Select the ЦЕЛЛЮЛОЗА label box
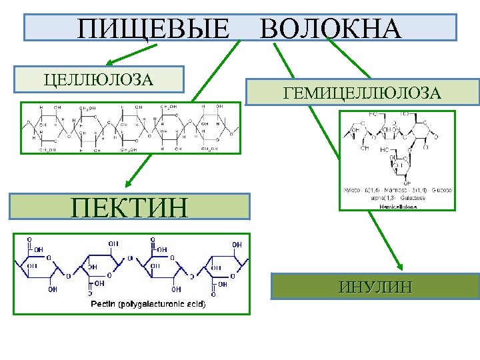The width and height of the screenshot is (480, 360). coord(99,79)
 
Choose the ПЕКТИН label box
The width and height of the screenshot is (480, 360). coord(130,207)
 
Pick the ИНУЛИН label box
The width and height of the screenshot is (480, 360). coord(375,287)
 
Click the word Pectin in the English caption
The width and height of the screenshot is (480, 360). coord(103,305)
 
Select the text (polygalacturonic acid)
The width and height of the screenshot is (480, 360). coord(162,305)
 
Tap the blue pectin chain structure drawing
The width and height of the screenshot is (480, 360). coord(131,267)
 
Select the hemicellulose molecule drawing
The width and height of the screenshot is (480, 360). coord(397,147)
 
